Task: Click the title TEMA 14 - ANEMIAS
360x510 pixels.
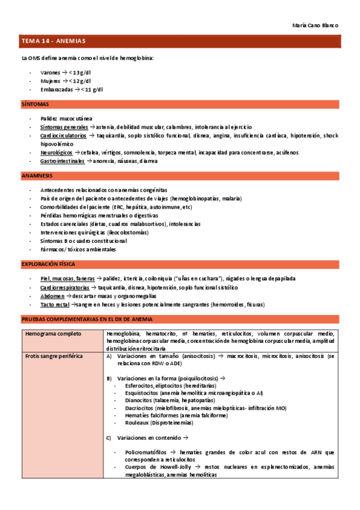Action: click(53, 41)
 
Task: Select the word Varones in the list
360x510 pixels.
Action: click(50, 72)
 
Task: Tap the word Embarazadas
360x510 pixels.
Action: click(57, 89)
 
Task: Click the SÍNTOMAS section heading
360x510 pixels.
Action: click(35, 104)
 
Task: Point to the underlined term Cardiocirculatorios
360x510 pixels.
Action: click(64, 135)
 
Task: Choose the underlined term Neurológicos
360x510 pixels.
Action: click(57, 153)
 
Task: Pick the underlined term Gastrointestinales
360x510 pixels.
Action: click(63, 161)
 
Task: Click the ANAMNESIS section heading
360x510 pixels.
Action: click(37, 176)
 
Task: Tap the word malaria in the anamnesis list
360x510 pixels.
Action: click(230, 198)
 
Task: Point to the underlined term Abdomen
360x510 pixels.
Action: click(52, 296)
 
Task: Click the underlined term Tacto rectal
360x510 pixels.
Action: click(55, 305)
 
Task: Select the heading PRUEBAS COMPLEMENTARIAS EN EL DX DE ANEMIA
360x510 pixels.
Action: click(87, 319)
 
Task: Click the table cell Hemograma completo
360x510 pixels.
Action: click(53, 333)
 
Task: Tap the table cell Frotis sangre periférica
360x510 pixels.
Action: click(54, 356)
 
